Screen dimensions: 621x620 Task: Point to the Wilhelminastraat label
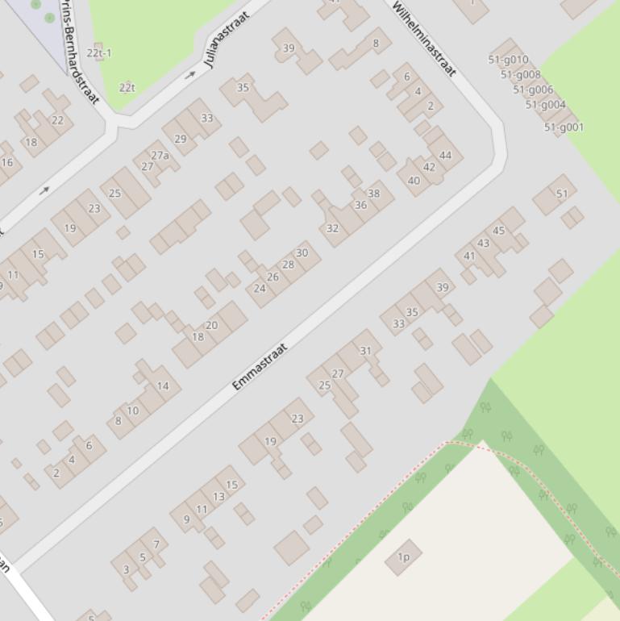[x=424, y=38]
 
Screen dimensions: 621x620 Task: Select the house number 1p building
[x=403, y=556]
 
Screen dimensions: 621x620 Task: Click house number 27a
[x=160, y=156]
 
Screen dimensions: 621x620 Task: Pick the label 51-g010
[x=508, y=60]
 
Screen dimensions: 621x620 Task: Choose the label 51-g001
[x=564, y=127]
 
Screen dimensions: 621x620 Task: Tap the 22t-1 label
[x=99, y=53]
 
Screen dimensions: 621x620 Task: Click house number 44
[x=445, y=156]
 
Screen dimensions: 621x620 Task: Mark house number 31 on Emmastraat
[x=365, y=351]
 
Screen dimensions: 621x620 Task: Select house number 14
[x=163, y=386]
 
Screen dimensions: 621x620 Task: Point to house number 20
[x=211, y=326]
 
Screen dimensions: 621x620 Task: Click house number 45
[x=498, y=231]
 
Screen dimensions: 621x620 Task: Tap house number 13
[x=218, y=497]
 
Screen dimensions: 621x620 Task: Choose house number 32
[x=332, y=229]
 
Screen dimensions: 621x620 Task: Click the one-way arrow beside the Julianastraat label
[x=190, y=75]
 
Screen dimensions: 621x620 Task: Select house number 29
[x=180, y=140]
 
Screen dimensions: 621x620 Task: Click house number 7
[x=156, y=545]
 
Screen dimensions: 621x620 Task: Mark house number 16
[x=7, y=162]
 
